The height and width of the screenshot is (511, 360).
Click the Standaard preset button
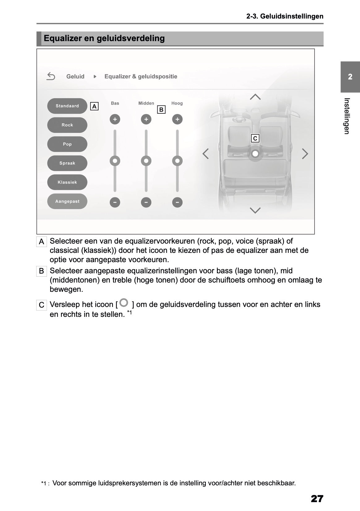67,106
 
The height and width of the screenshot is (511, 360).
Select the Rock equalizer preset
67,125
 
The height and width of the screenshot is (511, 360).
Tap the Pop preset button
67,144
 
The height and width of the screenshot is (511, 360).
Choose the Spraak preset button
67,163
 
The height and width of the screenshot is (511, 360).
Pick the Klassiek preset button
67,182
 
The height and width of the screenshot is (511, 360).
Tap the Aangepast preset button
67,202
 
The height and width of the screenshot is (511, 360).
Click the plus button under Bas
115,119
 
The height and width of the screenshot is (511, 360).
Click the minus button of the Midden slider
146,202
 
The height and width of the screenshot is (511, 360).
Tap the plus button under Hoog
177,119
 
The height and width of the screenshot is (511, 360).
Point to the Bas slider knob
115,161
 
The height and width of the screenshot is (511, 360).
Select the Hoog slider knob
177,161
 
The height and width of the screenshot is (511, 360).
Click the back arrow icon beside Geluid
51,76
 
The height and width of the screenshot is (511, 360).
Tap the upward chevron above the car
255,97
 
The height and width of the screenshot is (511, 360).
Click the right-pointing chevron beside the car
305,154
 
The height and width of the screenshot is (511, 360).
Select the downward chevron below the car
255,211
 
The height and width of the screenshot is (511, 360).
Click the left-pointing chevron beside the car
205,154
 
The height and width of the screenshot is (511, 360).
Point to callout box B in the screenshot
161,110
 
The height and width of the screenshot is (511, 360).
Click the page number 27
317,499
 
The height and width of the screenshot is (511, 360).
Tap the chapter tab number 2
350,77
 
